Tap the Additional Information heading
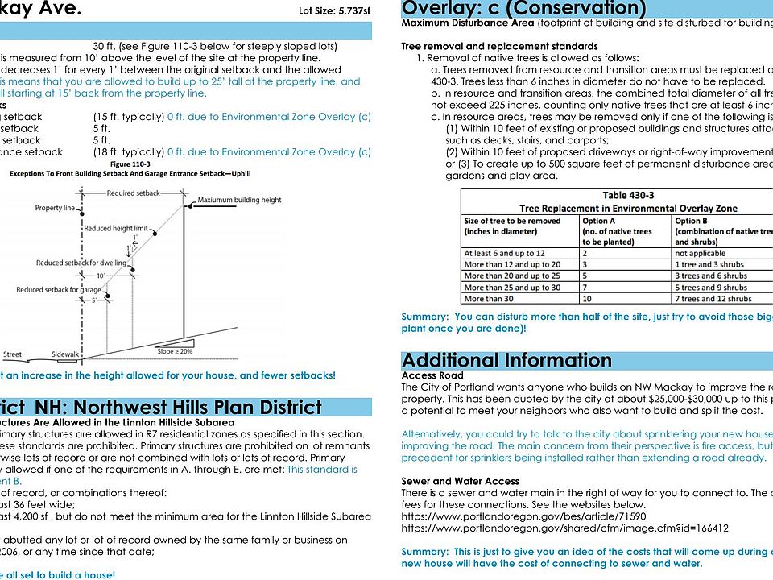[506, 359]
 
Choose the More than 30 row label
[491, 299]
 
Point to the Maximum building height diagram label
[239, 200]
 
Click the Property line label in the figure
[55, 208]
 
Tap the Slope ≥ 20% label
[175, 352]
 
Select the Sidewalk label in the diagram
[65, 354]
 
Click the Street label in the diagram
[13, 354]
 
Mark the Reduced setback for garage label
[59, 290]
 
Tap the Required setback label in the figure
[133, 193]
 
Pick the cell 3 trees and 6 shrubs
[721, 275]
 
